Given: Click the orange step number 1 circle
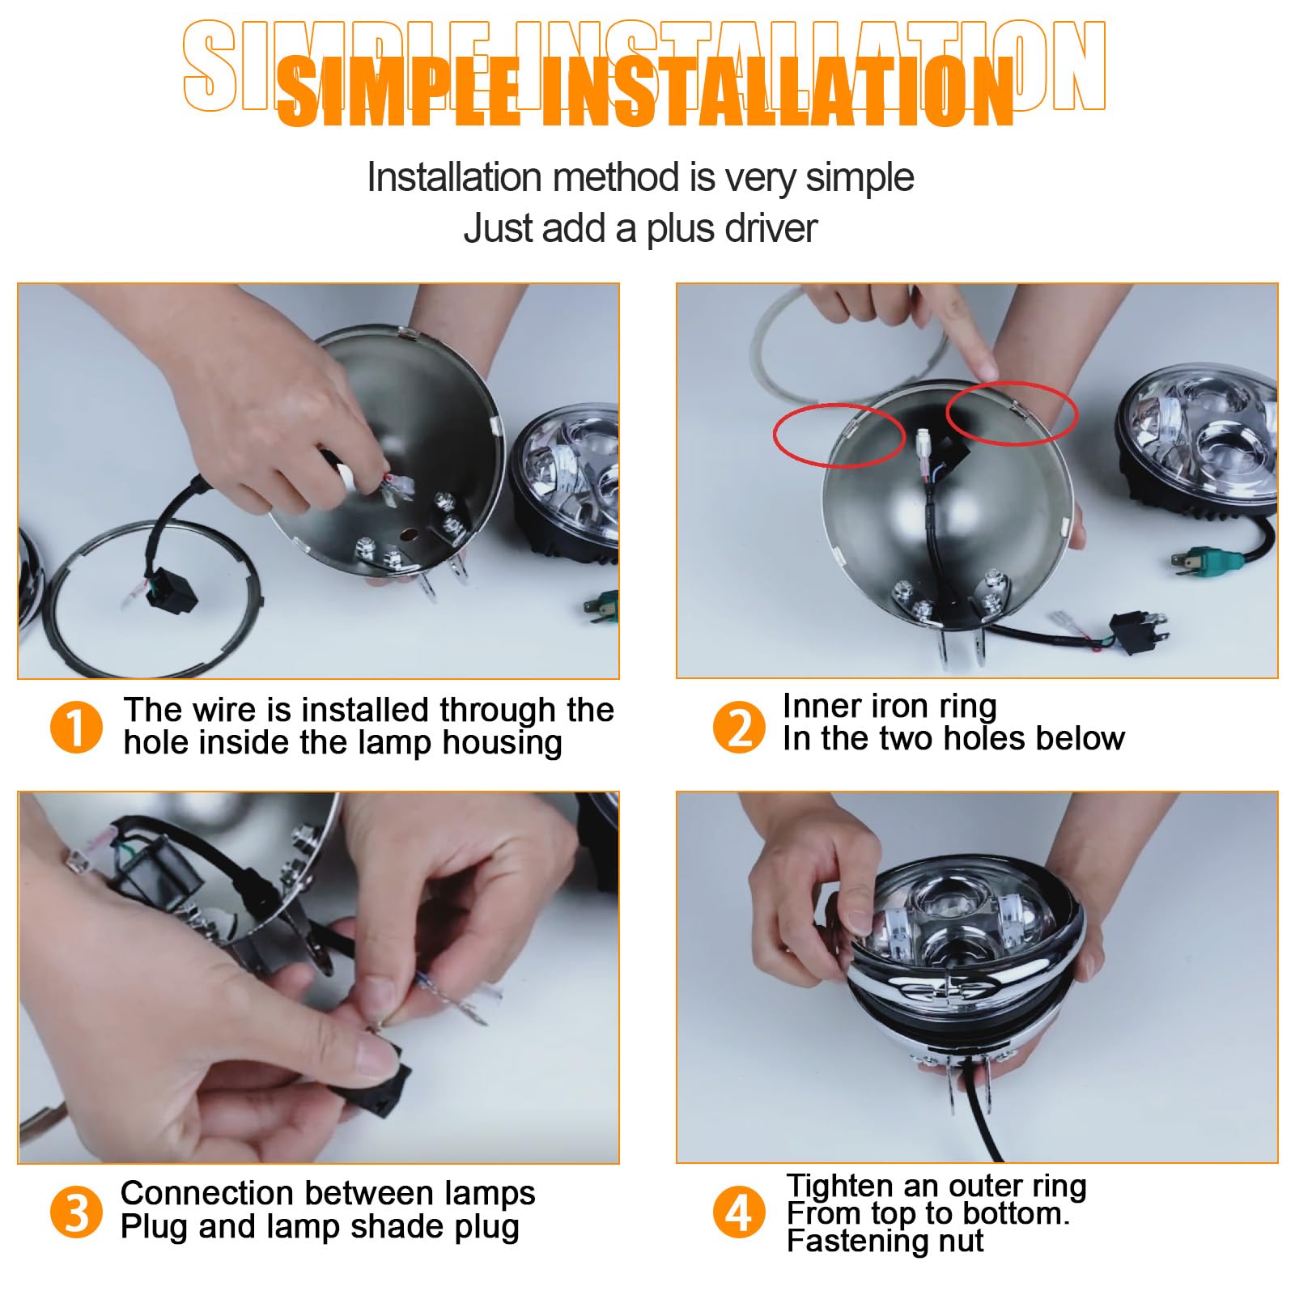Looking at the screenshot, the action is point(77,727).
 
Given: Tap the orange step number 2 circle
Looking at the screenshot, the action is point(739,727).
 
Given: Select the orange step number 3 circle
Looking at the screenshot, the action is point(77,1212).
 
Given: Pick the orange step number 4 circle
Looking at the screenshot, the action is point(739,1212).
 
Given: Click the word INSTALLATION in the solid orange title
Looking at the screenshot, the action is point(777,93).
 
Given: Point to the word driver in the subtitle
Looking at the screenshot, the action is point(772,228).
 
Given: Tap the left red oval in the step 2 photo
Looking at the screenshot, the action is point(839,435).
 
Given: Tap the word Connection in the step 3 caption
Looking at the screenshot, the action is point(206,1194).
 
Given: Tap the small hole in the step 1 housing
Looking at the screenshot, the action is point(410,534).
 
